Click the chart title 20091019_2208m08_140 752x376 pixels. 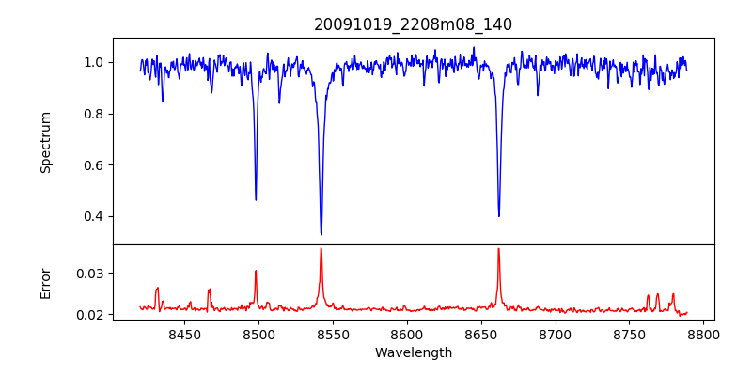point(414,24)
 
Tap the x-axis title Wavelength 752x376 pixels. point(414,353)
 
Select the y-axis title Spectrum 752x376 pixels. point(46,142)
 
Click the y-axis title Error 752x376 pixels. point(46,282)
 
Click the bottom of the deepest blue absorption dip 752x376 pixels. point(321,234)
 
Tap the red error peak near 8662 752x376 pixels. point(498,249)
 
